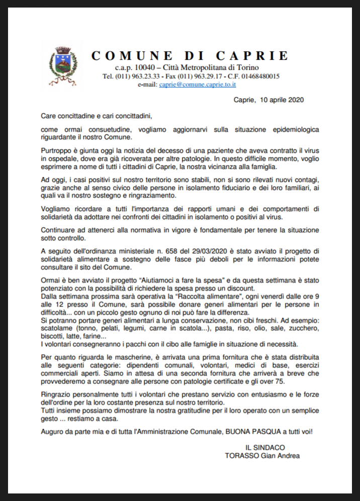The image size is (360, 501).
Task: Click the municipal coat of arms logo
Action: coord(63,66)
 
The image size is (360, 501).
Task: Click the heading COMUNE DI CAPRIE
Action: coord(191,56)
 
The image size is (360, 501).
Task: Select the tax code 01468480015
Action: coord(258,76)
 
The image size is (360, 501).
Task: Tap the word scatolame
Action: coord(58,328)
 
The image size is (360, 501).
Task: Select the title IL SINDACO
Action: coord(265,447)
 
